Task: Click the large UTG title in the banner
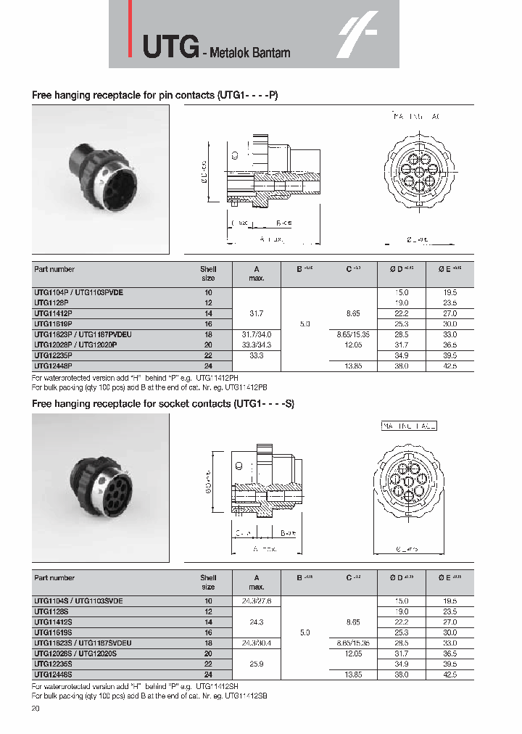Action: pos(170,47)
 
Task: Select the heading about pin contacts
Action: pos(154,95)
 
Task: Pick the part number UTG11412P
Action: pos(52,313)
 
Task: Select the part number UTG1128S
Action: pos(51,611)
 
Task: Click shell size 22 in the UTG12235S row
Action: pos(208,664)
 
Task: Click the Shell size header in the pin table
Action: pos(208,273)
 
